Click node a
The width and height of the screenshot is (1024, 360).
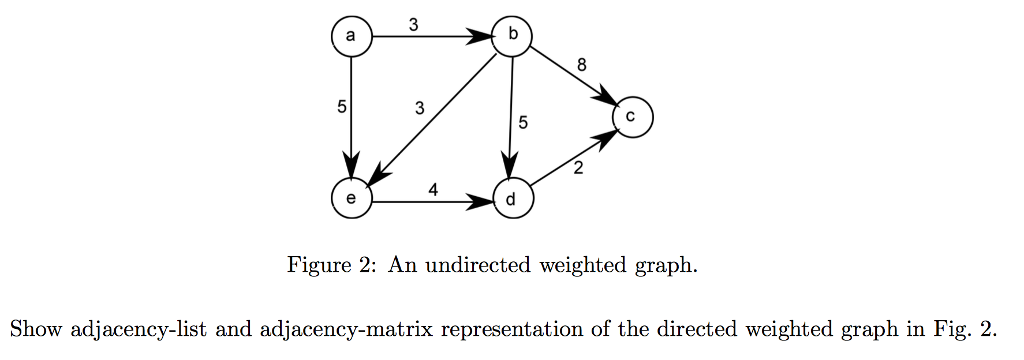tap(351, 37)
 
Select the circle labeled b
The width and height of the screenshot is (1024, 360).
tap(512, 37)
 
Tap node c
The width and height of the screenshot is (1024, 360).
tap(632, 117)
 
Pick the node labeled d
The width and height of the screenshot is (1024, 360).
tap(512, 199)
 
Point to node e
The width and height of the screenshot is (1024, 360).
tap(351, 199)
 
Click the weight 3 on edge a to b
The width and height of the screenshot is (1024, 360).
tap(413, 21)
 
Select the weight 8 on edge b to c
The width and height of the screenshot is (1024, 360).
tap(582, 65)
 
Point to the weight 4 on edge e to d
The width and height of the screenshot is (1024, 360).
tap(433, 186)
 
